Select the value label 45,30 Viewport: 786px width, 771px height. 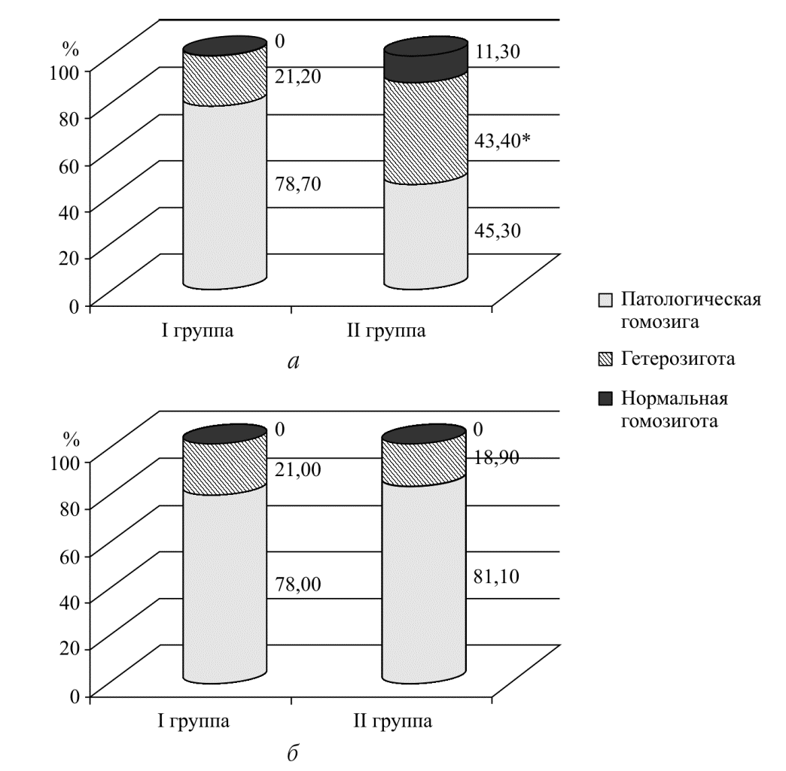(x=497, y=230)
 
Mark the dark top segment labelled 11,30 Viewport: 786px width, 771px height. (x=425, y=62)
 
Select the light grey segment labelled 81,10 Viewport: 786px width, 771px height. (x=425, y=579)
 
